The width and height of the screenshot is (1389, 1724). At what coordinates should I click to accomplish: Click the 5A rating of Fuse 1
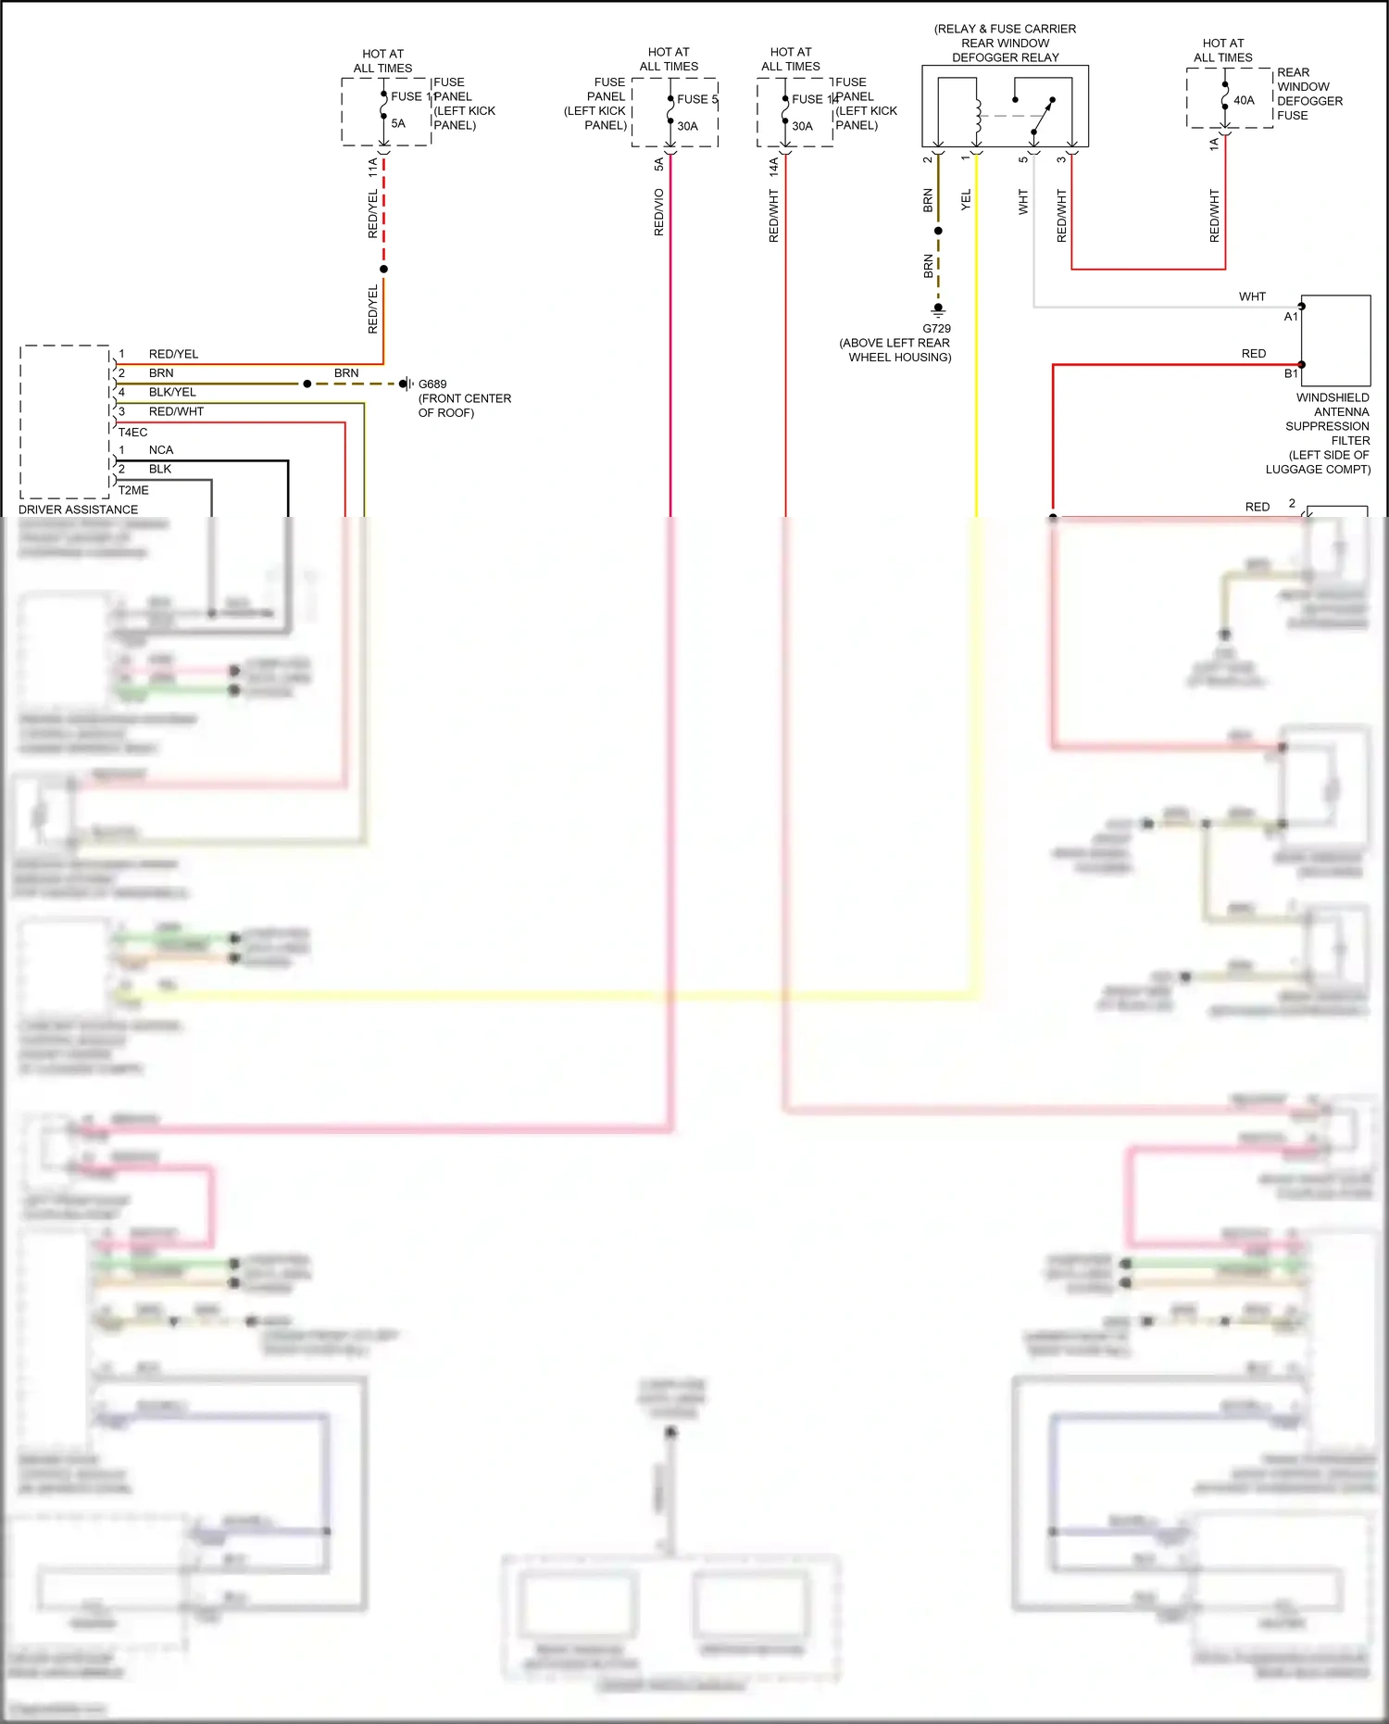398,123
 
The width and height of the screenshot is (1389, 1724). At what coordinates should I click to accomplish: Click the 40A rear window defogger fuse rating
1244,100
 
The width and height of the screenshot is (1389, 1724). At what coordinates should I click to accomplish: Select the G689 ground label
432,384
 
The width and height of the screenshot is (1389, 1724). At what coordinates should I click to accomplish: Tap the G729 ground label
936,328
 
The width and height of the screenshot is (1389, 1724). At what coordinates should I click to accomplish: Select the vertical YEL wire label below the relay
966,199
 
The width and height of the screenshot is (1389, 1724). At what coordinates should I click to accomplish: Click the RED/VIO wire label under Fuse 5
659,212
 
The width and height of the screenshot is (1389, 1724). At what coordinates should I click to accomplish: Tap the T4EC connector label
132,432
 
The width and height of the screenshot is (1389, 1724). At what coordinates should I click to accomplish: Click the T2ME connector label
132,490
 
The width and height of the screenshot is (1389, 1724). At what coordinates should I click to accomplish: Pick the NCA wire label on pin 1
161,450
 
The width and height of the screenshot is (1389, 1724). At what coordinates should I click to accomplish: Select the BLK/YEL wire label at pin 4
172,392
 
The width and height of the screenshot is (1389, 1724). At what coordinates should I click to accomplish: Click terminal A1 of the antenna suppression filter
1291,316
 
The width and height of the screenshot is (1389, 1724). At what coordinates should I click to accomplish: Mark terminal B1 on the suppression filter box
1291,373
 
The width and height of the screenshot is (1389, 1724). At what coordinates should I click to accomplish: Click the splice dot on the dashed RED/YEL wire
383,269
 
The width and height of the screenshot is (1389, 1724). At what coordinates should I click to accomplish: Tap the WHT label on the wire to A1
1252,296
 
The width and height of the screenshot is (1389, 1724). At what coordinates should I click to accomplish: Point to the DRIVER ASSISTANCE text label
79,510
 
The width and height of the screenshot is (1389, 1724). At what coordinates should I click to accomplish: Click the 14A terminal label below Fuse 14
774,167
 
